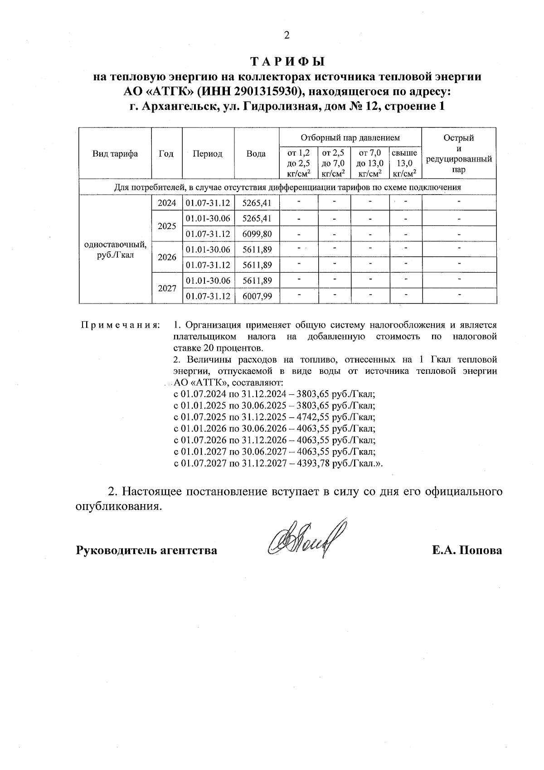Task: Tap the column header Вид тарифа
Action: [x=115, y=154]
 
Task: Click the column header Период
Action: [x=208, y=154]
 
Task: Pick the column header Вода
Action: [x=256, y=154]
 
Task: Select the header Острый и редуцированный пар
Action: [x=459, y=154]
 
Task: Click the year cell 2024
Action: [x=166, y=203]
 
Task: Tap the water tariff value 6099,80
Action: [x=257, y=234]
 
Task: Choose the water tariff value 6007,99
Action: [x=257, y=296]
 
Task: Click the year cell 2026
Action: [x=166, y=257]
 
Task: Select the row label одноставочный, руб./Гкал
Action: [x=115, y=250]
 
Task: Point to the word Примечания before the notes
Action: [x=120, y=325]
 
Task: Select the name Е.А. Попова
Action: [x=467, y=550]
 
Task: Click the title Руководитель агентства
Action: [x=146, y=550]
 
